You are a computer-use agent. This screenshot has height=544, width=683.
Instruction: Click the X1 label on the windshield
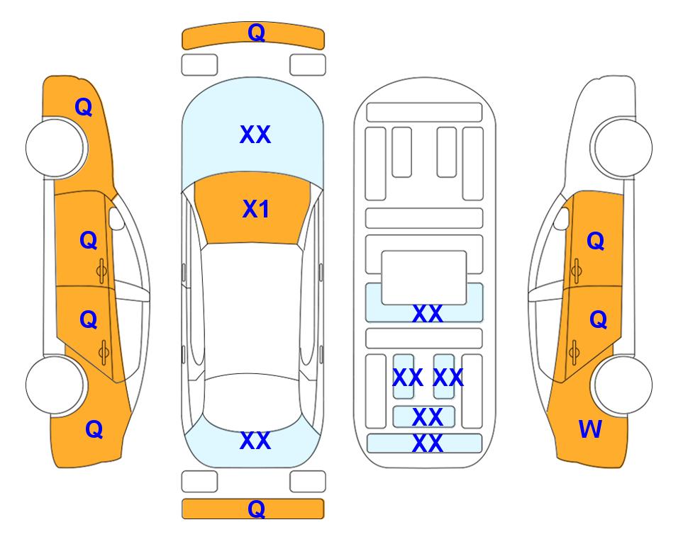256,209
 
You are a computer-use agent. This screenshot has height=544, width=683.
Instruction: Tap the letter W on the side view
590,429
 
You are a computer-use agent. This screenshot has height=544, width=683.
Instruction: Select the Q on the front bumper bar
256,32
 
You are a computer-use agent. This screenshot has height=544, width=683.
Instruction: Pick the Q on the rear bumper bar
256,509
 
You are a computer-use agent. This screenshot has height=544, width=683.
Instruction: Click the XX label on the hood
255,135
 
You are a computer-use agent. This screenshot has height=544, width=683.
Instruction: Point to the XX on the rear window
255,441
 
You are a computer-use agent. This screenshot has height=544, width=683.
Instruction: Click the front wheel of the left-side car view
55,147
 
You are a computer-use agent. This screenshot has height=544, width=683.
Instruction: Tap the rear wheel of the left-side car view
55,385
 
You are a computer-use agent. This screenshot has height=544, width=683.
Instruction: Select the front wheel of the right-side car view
622,147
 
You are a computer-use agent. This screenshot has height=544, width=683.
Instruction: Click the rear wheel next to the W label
622,385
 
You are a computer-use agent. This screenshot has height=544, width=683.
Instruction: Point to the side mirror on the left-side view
116,218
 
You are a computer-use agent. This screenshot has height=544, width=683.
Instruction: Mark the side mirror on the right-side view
561,218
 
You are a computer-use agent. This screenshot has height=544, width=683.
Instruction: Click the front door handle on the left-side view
102,271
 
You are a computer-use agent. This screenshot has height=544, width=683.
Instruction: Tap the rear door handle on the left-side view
104,352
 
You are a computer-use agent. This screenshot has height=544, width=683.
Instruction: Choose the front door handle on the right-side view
576,271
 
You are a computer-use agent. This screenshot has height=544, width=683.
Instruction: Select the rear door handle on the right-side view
574,352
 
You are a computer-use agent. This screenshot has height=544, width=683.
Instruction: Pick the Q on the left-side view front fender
84,107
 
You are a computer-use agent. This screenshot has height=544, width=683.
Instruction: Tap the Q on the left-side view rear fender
94,429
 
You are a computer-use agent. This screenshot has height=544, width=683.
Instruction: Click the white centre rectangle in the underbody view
424,277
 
